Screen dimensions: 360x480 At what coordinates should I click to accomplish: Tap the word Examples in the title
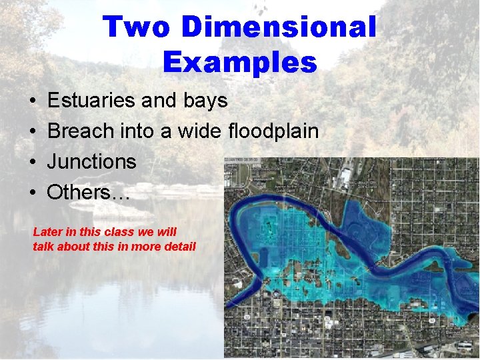pyautogui.click(x=239, y=62)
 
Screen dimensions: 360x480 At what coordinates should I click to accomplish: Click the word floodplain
pyautogui.click(x=273, y=131)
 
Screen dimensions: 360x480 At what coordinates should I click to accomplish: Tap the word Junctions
pyautogui.click(x=91, y=162)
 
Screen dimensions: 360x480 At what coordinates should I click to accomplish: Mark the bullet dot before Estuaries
pyautogui.click(x=33, y=102)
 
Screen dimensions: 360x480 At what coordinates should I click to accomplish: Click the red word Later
pyautogui.click(x=48, y=232)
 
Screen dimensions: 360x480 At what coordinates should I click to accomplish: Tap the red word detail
pyautogui.click(x=179, y=247)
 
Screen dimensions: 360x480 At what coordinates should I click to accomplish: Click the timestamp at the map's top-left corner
pyautogui.click(x=242, y=160)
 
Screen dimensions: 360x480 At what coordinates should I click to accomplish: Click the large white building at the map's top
pyautogui.click(x=345, y=176)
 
